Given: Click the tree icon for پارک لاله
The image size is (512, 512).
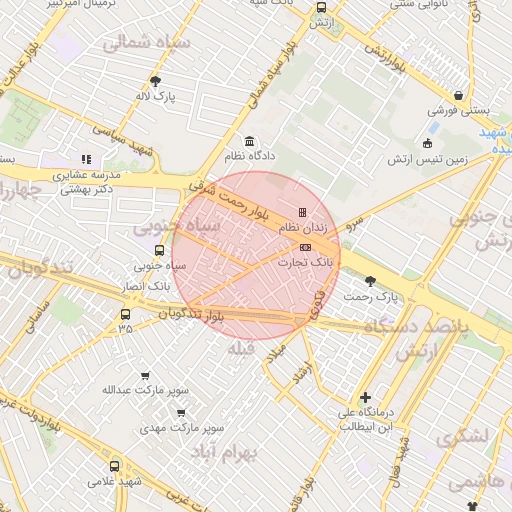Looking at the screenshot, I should [155, 81].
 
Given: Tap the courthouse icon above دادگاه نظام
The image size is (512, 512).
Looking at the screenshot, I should [249, 141].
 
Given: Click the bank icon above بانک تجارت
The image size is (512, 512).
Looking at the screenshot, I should [305, 247].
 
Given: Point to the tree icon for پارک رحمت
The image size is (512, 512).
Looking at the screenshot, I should [372, 281].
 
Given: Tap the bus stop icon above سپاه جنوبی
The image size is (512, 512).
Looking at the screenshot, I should [160, 250].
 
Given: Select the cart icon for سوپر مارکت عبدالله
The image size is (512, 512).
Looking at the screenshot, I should [146, 375].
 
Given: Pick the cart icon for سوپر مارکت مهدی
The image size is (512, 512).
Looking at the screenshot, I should [181, 412].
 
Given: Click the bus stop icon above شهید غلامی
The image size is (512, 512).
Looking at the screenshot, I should [113, 465].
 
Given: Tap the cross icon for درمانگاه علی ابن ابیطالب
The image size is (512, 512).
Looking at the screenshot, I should [365, 397].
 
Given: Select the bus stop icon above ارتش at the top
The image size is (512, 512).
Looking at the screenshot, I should [321, 7].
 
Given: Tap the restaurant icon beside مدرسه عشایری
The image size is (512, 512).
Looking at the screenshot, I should [86, 158].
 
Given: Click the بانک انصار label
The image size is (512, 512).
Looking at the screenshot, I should [156, 283].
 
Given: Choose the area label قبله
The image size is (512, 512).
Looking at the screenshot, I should [243, 349].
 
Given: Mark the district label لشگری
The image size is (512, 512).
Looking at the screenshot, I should [461, 436].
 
